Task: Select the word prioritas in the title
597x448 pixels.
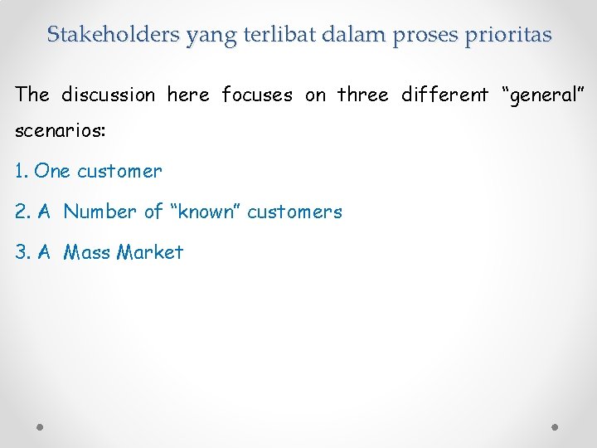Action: [x=505, y=34]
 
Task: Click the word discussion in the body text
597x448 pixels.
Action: [x=109, y=95]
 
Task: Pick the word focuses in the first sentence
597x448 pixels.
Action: [x=257, y=95]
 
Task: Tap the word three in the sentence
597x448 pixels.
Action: [x=363, y=95]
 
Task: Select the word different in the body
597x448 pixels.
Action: [x=445, y=95]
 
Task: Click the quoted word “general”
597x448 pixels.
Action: [x=544, y=95]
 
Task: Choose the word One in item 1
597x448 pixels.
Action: [x=53, y=171]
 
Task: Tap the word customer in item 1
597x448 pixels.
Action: [x=119, y=171]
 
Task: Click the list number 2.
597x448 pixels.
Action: [x=22, y=212]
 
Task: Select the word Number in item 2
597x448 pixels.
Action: [x=100, y=212]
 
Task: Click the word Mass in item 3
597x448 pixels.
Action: [x=88, y=252]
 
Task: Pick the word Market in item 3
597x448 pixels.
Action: [x=150, y=252]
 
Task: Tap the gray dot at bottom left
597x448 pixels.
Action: [x=41, y=426]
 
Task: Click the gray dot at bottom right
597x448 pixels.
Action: [x=556, y=426]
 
